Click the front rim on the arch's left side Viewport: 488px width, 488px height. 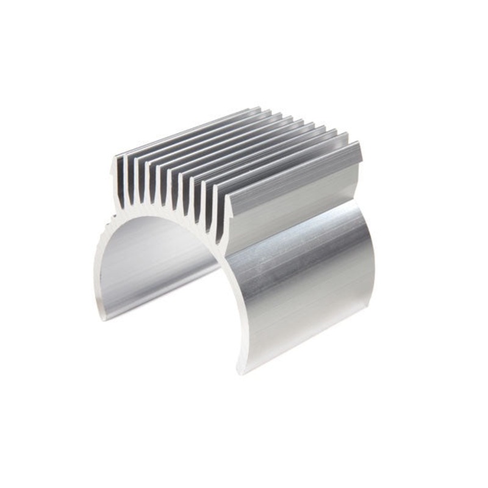click(101, 262)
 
